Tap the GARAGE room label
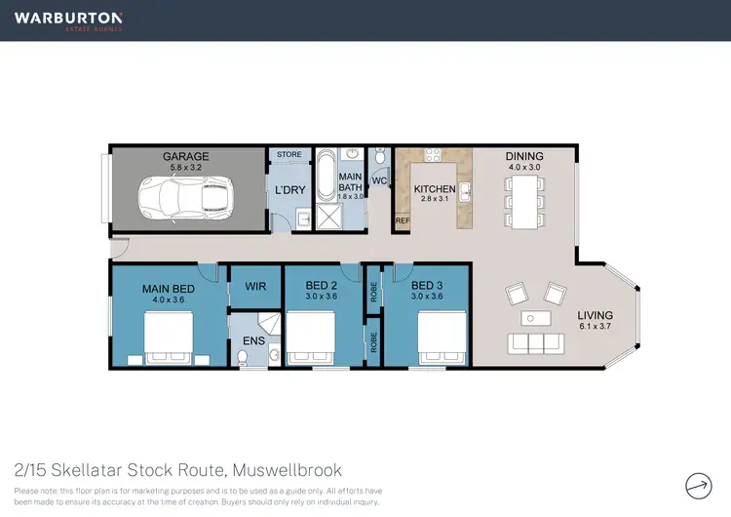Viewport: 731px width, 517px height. point(186,156)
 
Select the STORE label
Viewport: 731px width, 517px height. point(289,154)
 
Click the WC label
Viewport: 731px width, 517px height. point(380,181)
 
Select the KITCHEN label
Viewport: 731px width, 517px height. point(435,189)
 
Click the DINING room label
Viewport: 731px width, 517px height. point(524,156)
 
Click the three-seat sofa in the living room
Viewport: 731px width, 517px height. point(534,341)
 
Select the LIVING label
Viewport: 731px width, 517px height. point(596,315)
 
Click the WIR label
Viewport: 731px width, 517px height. point(255,287)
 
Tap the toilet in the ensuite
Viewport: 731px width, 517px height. point(243,358)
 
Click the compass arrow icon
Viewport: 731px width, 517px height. point(698,484)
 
